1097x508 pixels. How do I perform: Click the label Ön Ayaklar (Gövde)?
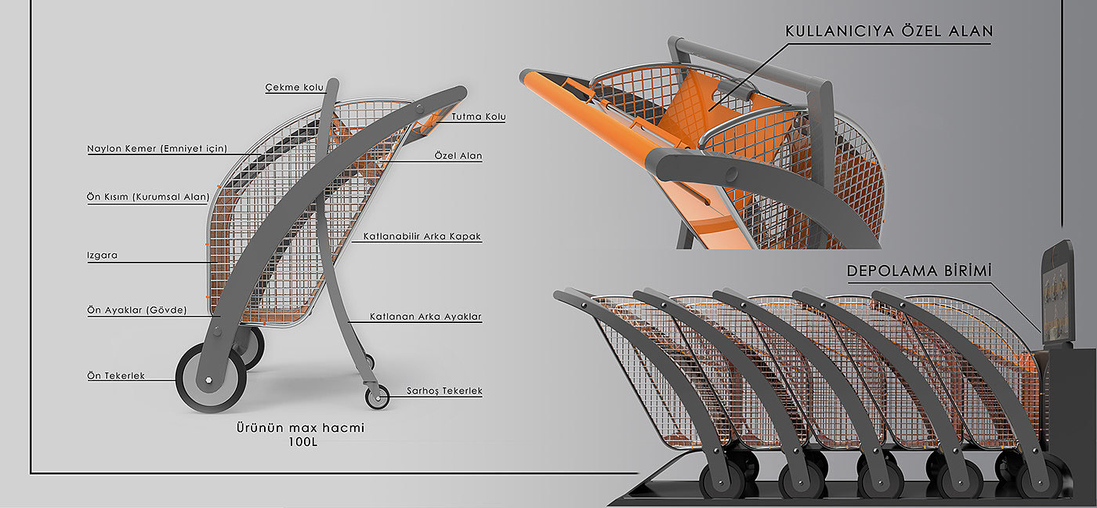pyautogui.click(x=136, y=310)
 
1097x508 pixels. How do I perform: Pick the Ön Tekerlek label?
pyautogui.click(x=115, y=376)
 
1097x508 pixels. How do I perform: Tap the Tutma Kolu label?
pyautogui.click(x=478, y=117)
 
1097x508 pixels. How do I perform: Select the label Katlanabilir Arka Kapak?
pyautogui.click(x=422, y=236)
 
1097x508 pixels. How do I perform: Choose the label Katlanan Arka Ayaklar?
pyautogui.click(x=425, y=317)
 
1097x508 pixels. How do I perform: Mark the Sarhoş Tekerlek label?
pyautogui.click(x=444, y=390)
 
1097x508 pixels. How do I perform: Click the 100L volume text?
pyautogui.click(x=300, y=443)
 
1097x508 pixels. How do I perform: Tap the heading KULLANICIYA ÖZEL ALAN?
pyautogui.click(x=889, y=32)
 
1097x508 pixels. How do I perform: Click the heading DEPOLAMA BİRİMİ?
pyautogui.click(x=919, y=271)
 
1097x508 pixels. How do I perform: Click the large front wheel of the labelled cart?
pyautogui.click(x=209, y=379)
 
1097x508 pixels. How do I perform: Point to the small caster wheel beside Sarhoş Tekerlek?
pyautogui.click(x=377, y=397)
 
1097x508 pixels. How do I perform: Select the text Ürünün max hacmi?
pyautogui.click(x=300, y=428)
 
